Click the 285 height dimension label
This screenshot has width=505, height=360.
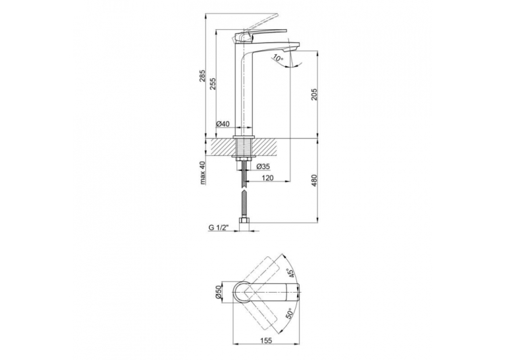click(202, 75)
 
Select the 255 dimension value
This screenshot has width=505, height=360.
click(213, 84)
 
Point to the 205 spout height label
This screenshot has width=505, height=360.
click(314, 94)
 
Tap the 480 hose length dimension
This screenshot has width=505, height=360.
click(314, 181)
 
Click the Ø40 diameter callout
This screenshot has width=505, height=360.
click(222, 124)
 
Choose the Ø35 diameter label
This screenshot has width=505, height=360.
click(263, 166)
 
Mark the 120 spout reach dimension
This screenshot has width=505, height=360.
click(267, 178)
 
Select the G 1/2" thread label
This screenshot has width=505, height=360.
click(219, 227)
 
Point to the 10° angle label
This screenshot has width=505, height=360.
click(277, 58)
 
